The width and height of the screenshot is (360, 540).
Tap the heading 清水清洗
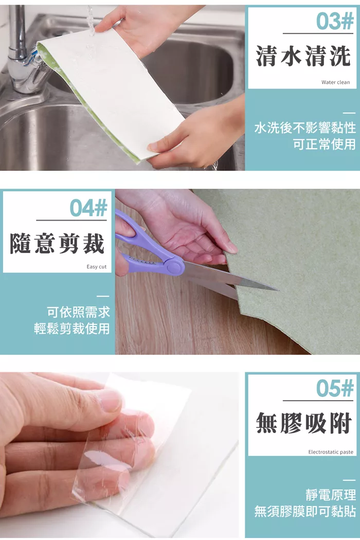(303, 56)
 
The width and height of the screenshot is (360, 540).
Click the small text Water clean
(335, 82)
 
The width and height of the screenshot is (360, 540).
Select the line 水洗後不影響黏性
(305, 128)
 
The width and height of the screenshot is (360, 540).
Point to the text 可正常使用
(324, 144)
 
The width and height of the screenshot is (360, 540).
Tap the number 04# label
(88, 208)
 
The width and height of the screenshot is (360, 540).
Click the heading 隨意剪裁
(57, 243)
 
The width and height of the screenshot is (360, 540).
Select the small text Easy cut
(97, 266)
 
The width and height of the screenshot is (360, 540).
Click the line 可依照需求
(79, 312)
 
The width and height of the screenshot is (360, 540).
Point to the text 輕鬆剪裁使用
(71, 328)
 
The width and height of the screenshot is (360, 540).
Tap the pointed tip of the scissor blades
(278, 290)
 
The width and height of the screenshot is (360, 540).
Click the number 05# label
(334, 388)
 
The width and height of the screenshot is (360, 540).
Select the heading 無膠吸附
(303, 423)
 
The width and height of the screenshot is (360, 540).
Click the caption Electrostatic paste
(331, 452)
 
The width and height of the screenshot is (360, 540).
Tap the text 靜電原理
(330, 495)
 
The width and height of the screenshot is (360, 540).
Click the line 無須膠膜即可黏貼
(305, 511)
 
